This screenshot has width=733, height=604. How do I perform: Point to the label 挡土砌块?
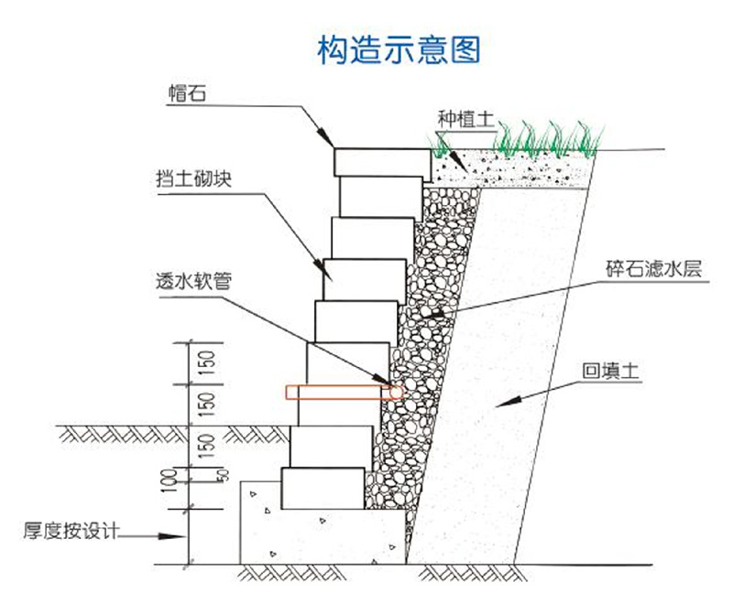click(x=191, y=179)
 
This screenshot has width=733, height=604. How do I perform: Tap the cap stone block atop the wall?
click(x=381, y=162)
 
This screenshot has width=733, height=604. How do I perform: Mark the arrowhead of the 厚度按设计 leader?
click(x=182, y=535)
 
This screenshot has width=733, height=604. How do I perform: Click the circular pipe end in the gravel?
click(x=395, y=392)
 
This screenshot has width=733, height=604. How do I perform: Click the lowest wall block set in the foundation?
click(x=323, y=488)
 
